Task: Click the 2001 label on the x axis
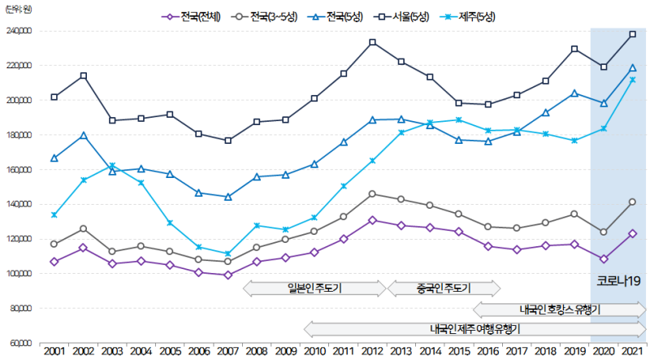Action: (x=54, y=351)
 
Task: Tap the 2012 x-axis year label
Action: (x=372, y=351)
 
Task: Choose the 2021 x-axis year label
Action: (x=632, y=351)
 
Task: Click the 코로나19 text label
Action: (x=619, y=281)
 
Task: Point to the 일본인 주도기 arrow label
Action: (x=315, y=288)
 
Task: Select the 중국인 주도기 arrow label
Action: (x=443, y=288)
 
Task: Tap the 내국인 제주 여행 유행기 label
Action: (x=475, y=329)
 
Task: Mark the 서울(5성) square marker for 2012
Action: (x=372, y=42)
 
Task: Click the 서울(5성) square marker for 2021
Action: (x=632, y=34)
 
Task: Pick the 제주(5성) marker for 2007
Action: (x=227, y=254)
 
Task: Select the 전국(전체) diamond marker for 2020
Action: (x=603, y=259)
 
